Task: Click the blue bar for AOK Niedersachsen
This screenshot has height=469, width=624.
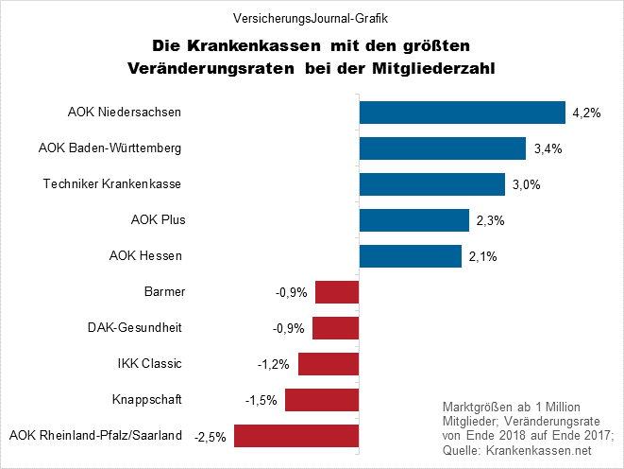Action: click(x=462, y=113)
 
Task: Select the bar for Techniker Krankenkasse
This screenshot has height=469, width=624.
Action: click(x=431, y=184)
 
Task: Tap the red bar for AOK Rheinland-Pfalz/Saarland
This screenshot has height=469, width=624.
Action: click(x=296, y=436)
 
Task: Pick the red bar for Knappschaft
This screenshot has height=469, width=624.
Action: click(x=322, y=400)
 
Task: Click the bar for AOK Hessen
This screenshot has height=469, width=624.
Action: click(x=410, y=256)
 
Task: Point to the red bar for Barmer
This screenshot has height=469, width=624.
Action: click(x=337, y=292)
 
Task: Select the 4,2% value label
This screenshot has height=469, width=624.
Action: click(x=584, y=113)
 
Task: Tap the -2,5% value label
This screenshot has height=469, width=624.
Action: click(x=210, y=437)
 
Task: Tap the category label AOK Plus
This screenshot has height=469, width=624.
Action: click(x=158, y=220)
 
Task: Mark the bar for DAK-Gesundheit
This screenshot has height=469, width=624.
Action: click(x=336, y=328)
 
